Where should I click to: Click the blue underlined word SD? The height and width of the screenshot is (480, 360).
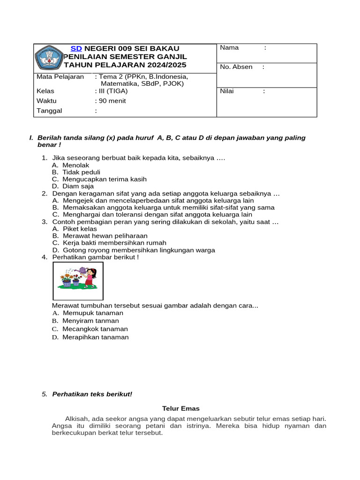[x=76, y=48]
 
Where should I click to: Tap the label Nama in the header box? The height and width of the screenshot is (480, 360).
[x=229, y=47]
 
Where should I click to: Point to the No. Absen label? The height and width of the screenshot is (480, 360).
[x=236, y=67]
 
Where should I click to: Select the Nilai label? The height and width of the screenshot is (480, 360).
[x=227, y=91]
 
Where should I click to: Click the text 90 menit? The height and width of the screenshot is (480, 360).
[x=111, y=101]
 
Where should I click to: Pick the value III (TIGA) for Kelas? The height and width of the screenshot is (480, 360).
[x=111, y=91]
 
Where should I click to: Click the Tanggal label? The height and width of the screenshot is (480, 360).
[x=49, y=111]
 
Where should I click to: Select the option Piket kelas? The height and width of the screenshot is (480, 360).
[x=80, y=229]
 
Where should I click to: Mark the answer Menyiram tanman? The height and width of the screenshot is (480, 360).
[x=90, y=321]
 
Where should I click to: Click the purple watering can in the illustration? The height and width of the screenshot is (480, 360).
[x=83, y=270]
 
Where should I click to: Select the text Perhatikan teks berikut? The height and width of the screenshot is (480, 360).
[x=92, y=394]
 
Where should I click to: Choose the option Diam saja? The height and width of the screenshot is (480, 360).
[x=78, y=186]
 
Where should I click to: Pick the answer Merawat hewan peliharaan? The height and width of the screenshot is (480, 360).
[x=105, y=236]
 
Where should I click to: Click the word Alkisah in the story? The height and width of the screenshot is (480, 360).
[x=76, y=419]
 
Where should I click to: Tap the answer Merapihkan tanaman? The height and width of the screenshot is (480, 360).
[x=95, y=337]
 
